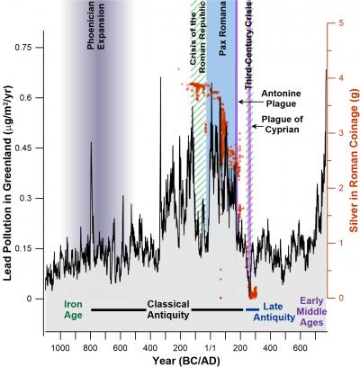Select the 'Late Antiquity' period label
279,312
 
